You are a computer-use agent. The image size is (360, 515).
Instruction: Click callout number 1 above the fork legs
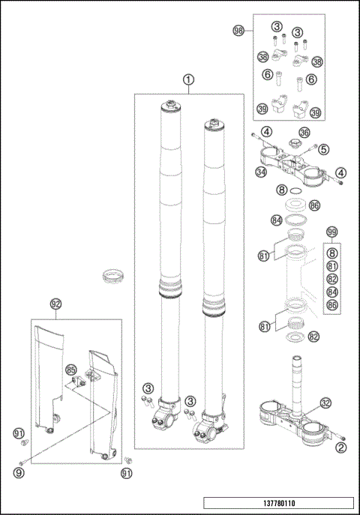pos(188,79)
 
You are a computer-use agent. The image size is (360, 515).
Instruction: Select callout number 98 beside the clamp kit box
pos(239,31)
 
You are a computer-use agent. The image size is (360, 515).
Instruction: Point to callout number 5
pos(324,149)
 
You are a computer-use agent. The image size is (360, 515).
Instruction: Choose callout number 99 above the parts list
pos(331,232)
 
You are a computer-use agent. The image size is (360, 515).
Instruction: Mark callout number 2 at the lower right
pos(340,448)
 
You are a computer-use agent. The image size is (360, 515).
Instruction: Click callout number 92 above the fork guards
pos(55,304)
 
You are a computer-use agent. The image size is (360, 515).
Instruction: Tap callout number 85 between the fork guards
pos(71,370)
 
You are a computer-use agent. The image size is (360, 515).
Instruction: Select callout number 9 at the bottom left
pos(19,472)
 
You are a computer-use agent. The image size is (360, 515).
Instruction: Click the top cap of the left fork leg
pos(171,106)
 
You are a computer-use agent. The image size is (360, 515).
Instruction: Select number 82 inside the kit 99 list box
pos(331,278)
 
